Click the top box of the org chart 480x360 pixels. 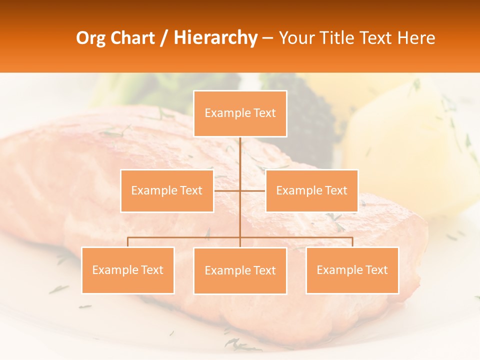tap(240, 113)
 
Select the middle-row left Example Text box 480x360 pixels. tap(167, 190)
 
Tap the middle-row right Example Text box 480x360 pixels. tap(311, 190)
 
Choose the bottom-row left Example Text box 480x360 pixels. tap(128, 270)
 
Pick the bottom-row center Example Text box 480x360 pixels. tap(240, 270)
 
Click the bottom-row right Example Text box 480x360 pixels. tap(352, 270)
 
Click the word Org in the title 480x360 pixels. tap(91, 38)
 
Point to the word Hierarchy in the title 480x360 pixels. tap(215, 38)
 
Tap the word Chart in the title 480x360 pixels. tap(132, 38)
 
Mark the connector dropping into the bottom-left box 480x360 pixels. tap(128, 242)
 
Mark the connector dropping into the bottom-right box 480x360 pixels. tap(352, 242)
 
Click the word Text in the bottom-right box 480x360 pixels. tap(376, 270)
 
